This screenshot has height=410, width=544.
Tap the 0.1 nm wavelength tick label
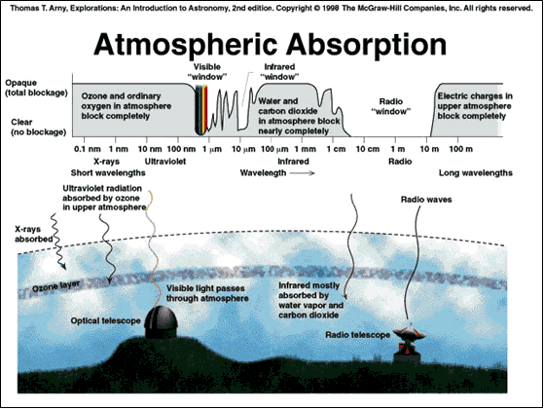87,149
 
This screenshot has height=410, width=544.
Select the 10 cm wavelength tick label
368,149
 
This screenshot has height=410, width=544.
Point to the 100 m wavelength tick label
460,149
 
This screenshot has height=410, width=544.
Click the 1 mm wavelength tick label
306,149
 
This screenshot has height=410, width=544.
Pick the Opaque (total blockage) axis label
36,88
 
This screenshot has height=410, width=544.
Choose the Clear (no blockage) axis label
39,127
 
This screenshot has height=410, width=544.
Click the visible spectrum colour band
201,109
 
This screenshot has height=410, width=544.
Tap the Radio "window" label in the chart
391,106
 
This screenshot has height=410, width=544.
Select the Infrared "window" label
279,71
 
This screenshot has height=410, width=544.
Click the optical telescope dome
161,322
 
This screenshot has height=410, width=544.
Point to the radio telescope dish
409,334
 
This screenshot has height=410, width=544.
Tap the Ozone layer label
56,286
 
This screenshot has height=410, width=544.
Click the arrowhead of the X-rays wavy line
63,267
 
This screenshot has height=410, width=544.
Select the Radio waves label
426,200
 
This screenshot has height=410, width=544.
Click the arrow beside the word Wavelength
303,173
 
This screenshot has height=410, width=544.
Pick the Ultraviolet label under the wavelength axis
165,162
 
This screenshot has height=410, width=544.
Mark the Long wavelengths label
476,173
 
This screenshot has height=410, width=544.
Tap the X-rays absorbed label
34,234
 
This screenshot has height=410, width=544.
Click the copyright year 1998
331,8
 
